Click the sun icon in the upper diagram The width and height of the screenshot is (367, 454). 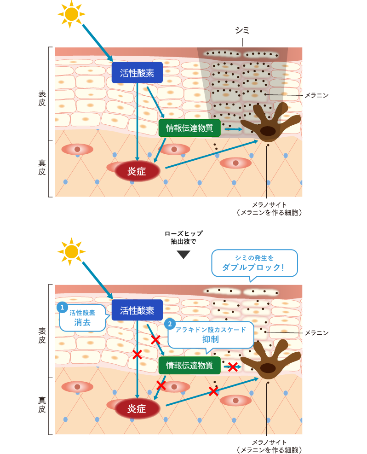71,14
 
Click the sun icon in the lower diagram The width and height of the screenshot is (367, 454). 71,251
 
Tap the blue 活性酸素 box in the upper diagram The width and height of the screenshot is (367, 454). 137,72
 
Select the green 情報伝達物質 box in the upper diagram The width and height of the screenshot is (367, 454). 189,128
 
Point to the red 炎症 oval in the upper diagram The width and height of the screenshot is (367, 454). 137,171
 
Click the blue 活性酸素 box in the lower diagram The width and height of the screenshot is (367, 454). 137,309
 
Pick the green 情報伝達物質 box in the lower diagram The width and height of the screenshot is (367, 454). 189,365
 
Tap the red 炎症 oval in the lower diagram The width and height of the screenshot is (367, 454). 137,408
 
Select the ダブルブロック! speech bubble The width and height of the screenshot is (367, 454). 254,263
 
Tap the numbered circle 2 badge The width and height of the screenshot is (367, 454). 170,324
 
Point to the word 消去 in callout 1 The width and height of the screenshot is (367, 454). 83,322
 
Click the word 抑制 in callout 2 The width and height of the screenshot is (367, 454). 210,339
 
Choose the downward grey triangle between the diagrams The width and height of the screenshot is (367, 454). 183,255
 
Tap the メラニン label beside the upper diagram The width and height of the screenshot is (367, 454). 316,95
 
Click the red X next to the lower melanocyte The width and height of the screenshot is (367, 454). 233,367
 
